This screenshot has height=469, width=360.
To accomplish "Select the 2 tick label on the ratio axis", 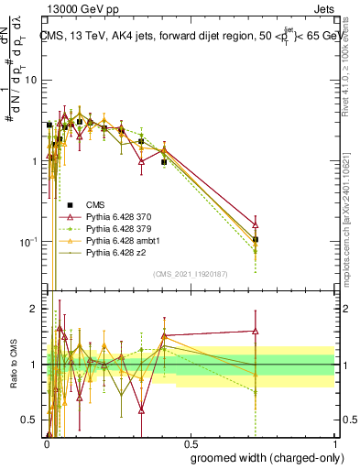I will (x=35, y=310).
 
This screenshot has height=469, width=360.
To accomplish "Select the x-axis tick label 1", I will (x=333, y=442).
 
